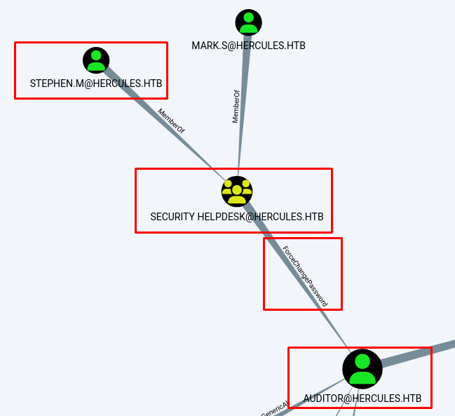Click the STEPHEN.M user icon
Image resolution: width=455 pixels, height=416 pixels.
(x=96, y=60)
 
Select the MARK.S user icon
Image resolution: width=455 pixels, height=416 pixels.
(x=248, y=22)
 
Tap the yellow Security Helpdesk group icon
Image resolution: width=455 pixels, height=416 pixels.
(x=237, y=191)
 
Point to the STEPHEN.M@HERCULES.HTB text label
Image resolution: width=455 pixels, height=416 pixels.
(x=96, y=83)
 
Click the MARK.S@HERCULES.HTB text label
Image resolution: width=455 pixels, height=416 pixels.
(x=248, y=46)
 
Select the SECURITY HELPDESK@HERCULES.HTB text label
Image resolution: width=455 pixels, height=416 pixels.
(x=237, y=217)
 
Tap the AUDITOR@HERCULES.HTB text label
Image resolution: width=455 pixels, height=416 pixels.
(x=362, y=398)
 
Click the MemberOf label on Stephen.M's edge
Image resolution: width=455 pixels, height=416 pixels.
(x=171, y=121)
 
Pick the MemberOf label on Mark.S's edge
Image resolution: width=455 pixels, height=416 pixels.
(x=236, y=107)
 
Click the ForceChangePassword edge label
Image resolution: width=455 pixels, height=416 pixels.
(x=305, y=276)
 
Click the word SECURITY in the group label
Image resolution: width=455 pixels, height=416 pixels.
(x=172, y=217)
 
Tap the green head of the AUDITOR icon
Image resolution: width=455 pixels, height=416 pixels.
(x=362, y=361)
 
